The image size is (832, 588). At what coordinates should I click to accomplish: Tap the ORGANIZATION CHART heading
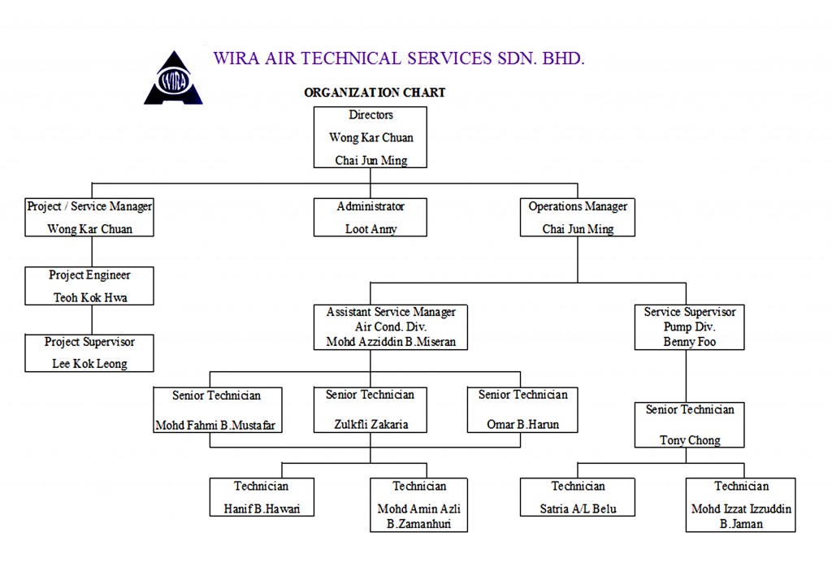pos(375,93)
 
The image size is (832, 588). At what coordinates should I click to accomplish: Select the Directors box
pos(370,137)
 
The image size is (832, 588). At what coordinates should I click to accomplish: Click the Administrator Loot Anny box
pos(370,218)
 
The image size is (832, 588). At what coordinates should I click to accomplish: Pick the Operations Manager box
pos(578,218)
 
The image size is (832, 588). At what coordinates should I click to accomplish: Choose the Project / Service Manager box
pos(89,218)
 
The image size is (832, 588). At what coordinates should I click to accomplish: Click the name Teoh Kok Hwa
pos(90,298)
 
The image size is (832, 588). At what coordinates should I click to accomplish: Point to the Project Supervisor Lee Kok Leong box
pos(89,352)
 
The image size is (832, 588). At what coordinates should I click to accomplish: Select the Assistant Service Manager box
pos(391,327)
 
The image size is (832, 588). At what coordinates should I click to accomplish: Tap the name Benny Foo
pos(690,342)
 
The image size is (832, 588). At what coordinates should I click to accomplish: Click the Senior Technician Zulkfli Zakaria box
pos(370,409)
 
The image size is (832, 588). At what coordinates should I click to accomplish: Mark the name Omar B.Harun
pos(522,424)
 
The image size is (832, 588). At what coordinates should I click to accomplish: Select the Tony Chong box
pos(690,425)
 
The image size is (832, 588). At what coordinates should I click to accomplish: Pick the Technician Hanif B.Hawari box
pos(262,497)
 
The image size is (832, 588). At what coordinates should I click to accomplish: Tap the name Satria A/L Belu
pos(578,509)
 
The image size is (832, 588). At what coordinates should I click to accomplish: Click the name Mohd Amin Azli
pos(419,509)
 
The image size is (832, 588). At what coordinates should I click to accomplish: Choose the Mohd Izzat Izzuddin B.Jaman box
pos(741,504)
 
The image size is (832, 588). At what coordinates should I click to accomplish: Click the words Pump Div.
pos(690,326)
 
